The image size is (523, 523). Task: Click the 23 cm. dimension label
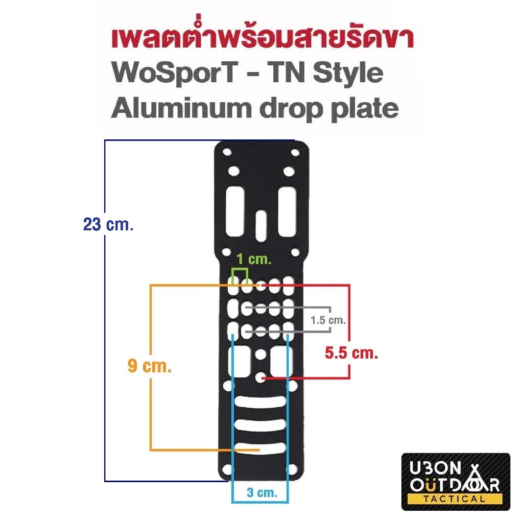(x=108, y=225)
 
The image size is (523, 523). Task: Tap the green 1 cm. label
(x=254, y=259)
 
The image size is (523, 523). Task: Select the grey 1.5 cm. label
(x=328, y=320)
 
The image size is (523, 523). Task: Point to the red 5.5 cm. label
(x=351, y=353)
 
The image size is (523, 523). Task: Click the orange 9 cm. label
(x=150, y=366)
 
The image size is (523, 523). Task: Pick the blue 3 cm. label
(x=262, y=492)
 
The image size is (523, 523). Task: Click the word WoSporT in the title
(x=175, y=73)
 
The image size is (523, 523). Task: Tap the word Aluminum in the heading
(x=181, y=108)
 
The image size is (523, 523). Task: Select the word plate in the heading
(x=365, y=109)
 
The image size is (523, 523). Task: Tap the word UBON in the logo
(x=435, y=468)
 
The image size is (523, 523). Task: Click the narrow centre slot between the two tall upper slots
(x=261, y=225)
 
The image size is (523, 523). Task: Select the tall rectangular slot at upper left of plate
(x=235, y=211)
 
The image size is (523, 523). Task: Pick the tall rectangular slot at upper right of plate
(x=287, y=211)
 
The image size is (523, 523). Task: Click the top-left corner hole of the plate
(x=227, y=152)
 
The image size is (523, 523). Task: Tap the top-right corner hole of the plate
(x=295, y=153)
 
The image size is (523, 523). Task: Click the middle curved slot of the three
(x=260, y=424)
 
